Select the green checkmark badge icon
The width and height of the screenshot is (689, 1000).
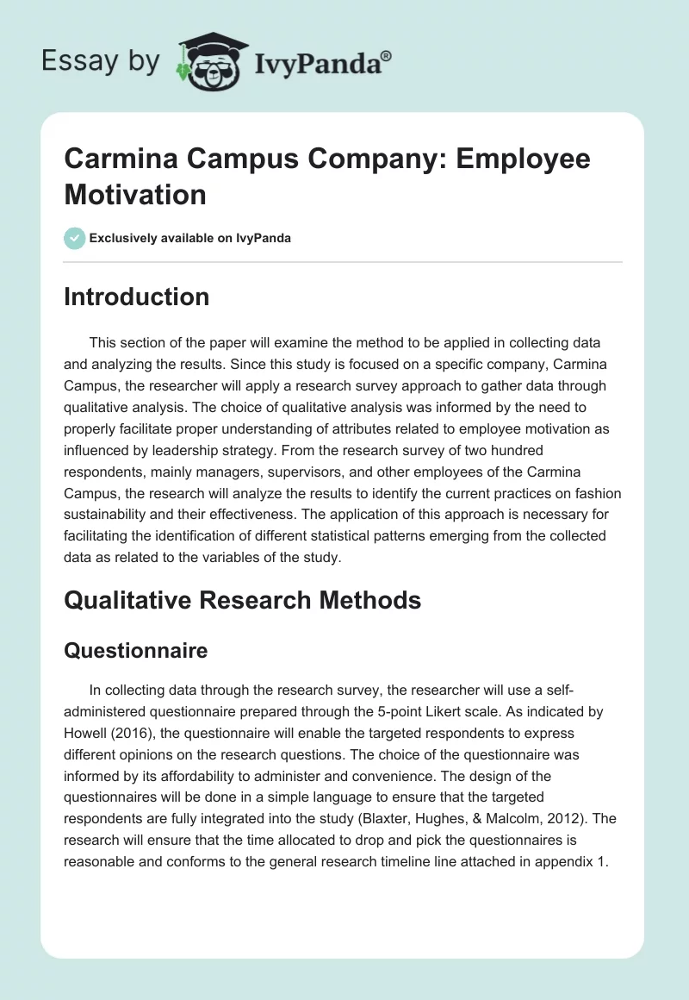(75, 238)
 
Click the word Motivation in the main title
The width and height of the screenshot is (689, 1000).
(135, 194)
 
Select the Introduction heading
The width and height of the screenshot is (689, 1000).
(137, 297)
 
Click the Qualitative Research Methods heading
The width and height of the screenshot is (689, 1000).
(243, 600)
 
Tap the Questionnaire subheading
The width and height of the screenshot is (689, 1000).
(136, 650)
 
